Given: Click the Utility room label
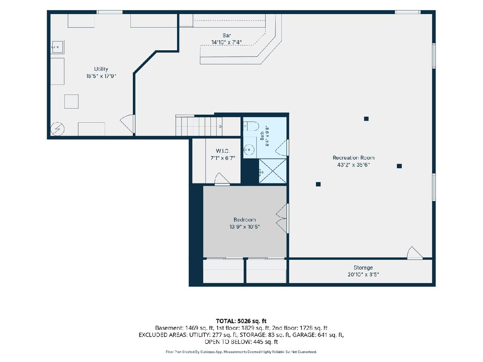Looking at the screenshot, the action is [x=101, y=69].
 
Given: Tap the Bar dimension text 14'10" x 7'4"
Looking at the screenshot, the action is [x=227, y=42].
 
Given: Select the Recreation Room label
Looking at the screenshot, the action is [x=353, y=158].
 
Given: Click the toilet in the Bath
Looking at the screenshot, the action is [x=251, y=126].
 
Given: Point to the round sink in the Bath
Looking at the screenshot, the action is [x=249, y=150].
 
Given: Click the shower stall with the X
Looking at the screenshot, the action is [x=272, y=171].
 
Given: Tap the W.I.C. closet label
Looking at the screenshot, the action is [x=223, y=151].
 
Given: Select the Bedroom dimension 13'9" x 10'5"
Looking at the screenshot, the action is [x=244, y=226].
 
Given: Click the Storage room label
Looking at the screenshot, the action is [x=363, y=267].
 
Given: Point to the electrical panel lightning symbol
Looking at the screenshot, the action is [x=58, y=129].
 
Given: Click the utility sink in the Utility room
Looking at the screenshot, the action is [x=58, y=47].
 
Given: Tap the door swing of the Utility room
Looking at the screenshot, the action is [x=128, y=124].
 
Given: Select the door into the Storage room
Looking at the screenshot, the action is [x=415, y=253].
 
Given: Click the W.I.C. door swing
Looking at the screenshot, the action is [x=222, y=179].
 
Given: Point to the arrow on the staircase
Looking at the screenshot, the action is [x=221, y=127].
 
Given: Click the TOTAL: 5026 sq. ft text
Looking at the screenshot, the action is [x=241, y=321].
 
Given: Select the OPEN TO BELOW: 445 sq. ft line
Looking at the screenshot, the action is [x=241, y=342].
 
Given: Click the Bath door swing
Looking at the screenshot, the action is [x=281, y=148].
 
